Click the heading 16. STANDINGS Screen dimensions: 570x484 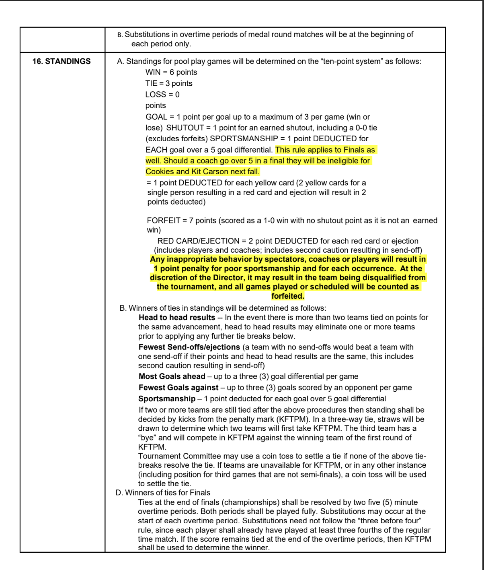[62, 61]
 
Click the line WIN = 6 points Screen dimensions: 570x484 [171, 72]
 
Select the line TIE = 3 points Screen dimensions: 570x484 [169, 83]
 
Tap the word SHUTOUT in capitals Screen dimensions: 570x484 [185, 128]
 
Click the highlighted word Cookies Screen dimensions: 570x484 [160, 172]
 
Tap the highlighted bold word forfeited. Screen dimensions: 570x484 [288, 296]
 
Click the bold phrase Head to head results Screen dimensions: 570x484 [177, 318]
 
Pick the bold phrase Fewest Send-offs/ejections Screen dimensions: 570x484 [189, 347]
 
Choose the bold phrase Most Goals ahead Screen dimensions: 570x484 [172, 376]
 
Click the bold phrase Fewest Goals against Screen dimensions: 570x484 [178, 388]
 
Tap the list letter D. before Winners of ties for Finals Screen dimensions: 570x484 [119, 493]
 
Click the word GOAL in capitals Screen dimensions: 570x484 [156, 117]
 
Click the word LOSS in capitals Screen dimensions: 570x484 [156, 95]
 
